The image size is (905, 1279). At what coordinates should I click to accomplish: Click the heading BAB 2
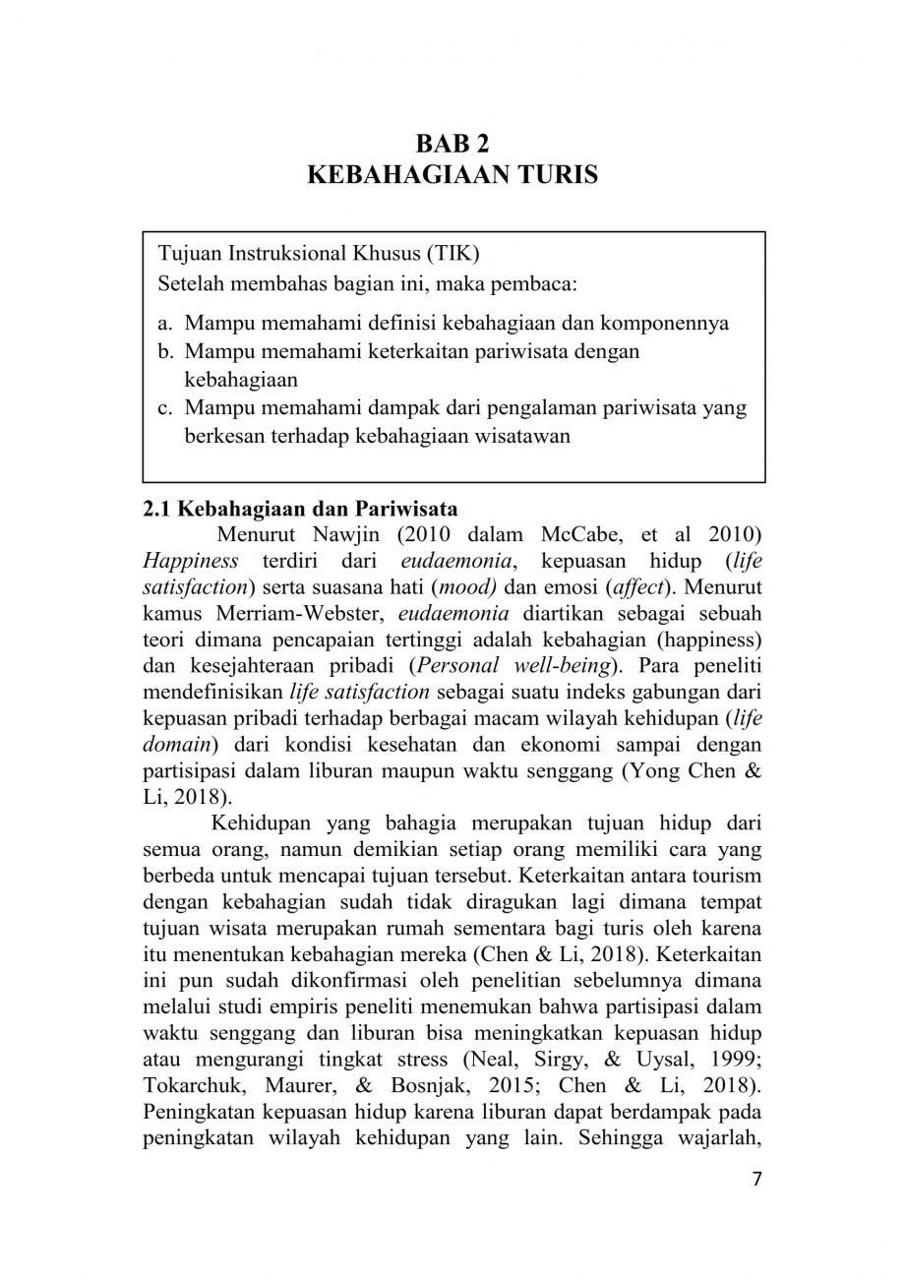pyautogui.click(x=452, y=143)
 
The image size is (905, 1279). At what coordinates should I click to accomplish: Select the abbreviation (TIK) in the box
pyautogui.click(x=451, y=254)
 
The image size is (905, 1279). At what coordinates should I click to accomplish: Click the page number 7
pyautogui.click(x=756, y=1180)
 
